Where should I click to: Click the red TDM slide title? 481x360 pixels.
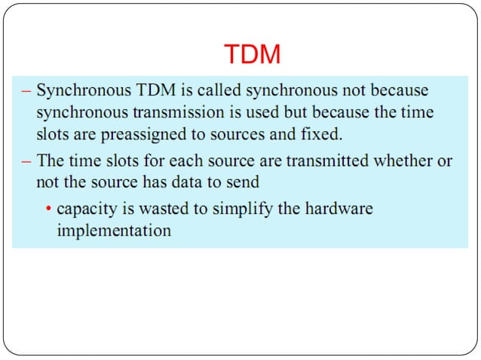click(253, 54)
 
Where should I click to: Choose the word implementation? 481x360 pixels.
click(114, 230)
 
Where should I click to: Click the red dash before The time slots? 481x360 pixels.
click(26, 160)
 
